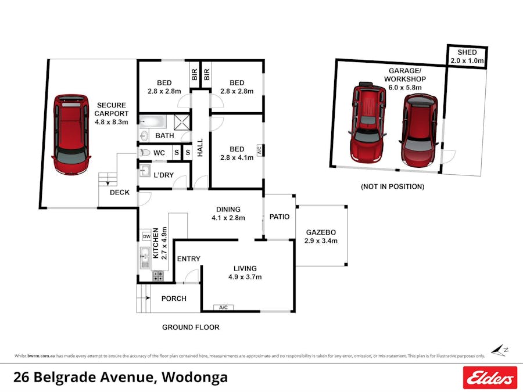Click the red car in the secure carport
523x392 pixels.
coord(71,134)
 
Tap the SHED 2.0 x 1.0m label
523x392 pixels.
coord(467,56)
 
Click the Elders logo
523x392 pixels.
coord(489,377)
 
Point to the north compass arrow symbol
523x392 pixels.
coord(498,350)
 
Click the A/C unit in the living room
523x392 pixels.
coord(223,307)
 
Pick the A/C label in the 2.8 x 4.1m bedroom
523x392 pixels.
coord(260,150)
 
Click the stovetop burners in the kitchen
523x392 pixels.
coord(157,276)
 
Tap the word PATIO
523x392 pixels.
coord(280,217)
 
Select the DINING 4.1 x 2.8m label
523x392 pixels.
coord(228,214)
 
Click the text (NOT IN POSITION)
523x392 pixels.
coord(392,186)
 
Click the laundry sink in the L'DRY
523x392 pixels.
coord(145,172)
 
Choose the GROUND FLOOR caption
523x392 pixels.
coord(191,328)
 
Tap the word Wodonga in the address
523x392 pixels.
coord(195,377)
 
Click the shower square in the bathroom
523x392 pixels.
coord(182,123)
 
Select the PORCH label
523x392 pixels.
coord(174,299)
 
